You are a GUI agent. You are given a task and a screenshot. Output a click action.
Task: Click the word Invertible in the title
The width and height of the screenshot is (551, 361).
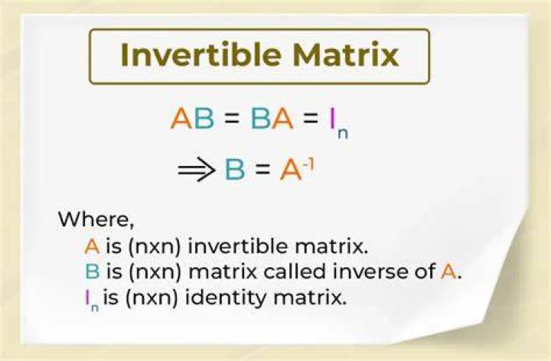tap(201, 54)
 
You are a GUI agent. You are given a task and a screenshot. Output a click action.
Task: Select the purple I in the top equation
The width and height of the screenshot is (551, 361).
tap(331, 118)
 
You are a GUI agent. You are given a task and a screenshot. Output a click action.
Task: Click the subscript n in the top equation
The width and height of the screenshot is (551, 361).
tap(343, 133)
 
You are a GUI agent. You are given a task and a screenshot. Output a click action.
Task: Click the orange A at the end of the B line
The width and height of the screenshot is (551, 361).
tap(448, 272)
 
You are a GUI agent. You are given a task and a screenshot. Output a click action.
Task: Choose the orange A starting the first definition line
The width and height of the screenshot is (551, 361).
tap(92, 246)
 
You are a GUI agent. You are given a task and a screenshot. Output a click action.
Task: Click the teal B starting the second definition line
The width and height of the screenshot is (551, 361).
tap(92, 272)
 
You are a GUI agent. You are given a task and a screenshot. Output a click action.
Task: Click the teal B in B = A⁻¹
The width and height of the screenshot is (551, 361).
tap(234, 170)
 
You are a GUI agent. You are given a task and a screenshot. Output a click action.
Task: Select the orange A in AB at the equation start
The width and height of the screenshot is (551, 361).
tap(181, 118)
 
